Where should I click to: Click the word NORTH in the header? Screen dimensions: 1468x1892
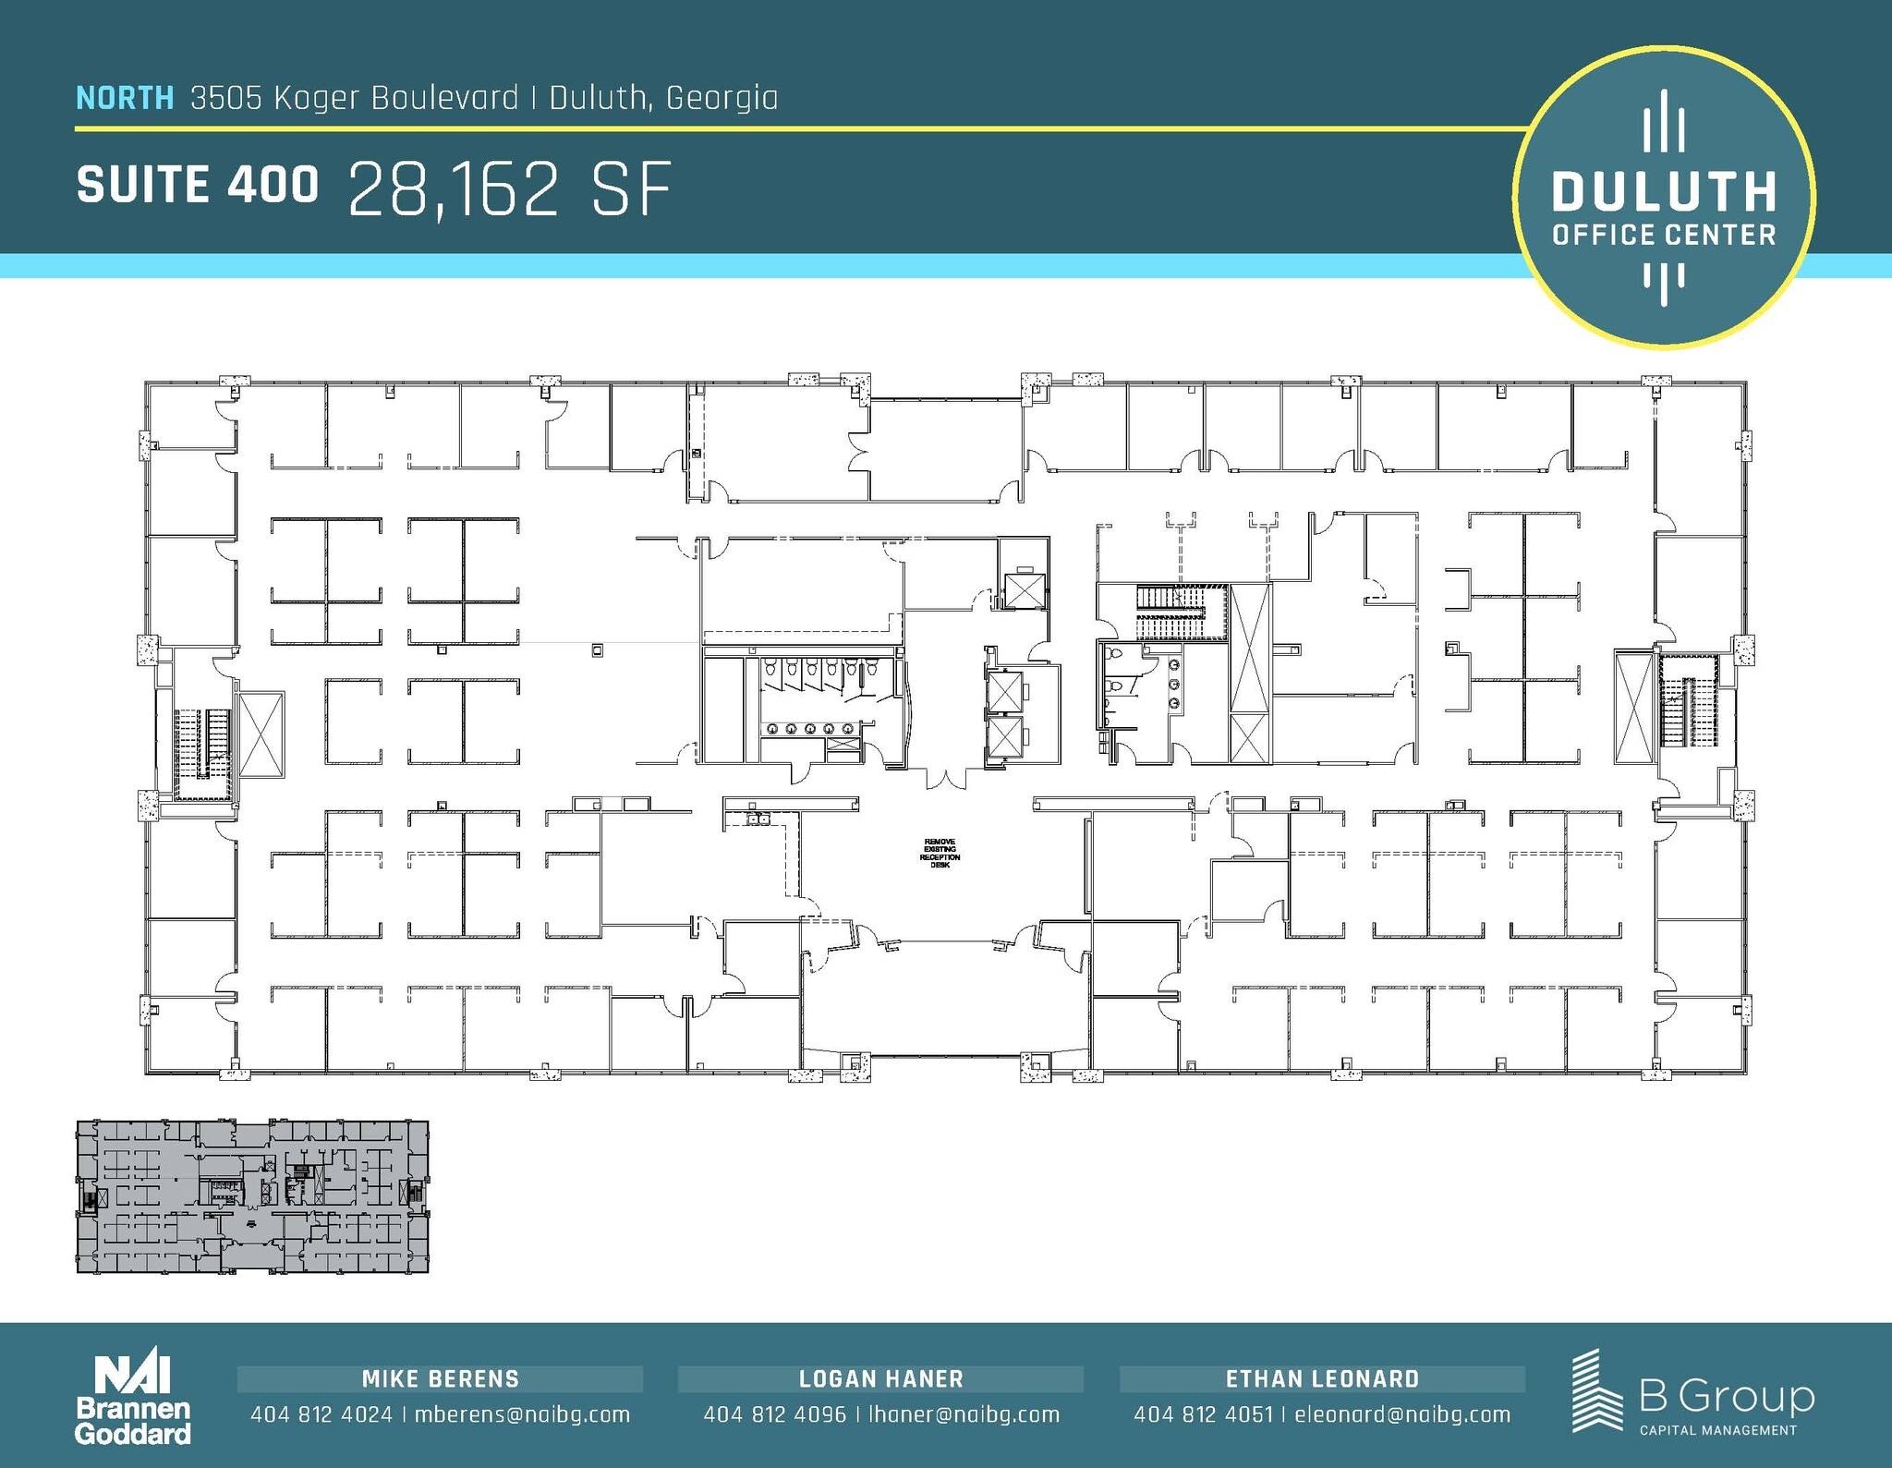pyautogui.click(x=124, y=98)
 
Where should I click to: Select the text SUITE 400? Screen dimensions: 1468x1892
pyautogui.click(x=197, y=185)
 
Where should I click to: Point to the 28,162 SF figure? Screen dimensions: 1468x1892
pyautogui.click(x=509, y=189)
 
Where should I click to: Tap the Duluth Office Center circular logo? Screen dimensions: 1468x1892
pyautogui.click(x=1663, y=198)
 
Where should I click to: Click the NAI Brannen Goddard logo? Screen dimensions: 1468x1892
pyautogui.click(x=132, y=1399)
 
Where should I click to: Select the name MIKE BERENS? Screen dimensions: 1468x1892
pyautogui.click(x=440, y=1379)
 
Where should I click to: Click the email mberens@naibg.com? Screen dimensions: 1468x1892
pyautogui.click(x=522, y=1414)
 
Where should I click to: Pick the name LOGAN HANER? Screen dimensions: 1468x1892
pyautogui.click(x=880, y=1379)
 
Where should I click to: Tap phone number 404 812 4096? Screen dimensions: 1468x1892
pyautogui.click(x=774, y=1414)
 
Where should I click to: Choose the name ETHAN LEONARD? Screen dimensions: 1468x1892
pyautogui.click(x=1322, y=1379)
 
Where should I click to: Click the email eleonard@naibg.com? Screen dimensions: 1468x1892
pyautogui.click(x=1401, y=1414)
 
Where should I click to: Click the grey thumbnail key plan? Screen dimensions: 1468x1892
pyautogui.click(x=252, y=1196)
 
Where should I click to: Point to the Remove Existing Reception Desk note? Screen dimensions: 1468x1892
pyautogui.click(x=940, y=853)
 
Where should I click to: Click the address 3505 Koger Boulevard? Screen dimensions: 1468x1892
pyautogui.click(x=355, y=98)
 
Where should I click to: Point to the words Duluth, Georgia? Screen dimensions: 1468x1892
pyautogui.click(x=663, y=98)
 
